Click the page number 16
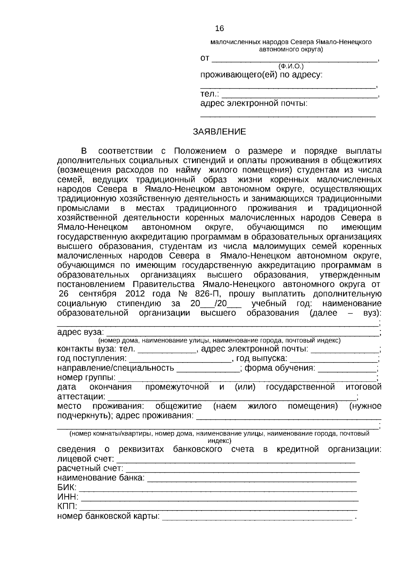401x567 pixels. pyautogui.click(x=220, y=29)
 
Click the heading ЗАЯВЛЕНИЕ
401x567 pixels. pyautogui.click(x=219, y=132)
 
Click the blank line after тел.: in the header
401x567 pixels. pyautogui.click(x=299, y=95)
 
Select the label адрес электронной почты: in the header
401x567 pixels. pyautogui.click(x=254, y=103)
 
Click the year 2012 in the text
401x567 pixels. pyautogui.click(x=135, y=294)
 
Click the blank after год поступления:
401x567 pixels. pyautogui.click(x=180, y=359)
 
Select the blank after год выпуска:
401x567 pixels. pyautogui.click(x=333, y=359)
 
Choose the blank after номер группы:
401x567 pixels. pyautogui.click(x=247, y=378)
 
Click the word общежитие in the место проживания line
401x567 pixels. pyautogui.click(x=179, y=406)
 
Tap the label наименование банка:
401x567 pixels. pyautogui.click(x=101, y=478)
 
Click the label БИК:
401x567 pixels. pyautogui.click(x=67, y=487)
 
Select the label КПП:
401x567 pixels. pyautogui.click(x=68, y=507)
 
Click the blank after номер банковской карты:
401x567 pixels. pyautogui.click(x=257, y=517)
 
